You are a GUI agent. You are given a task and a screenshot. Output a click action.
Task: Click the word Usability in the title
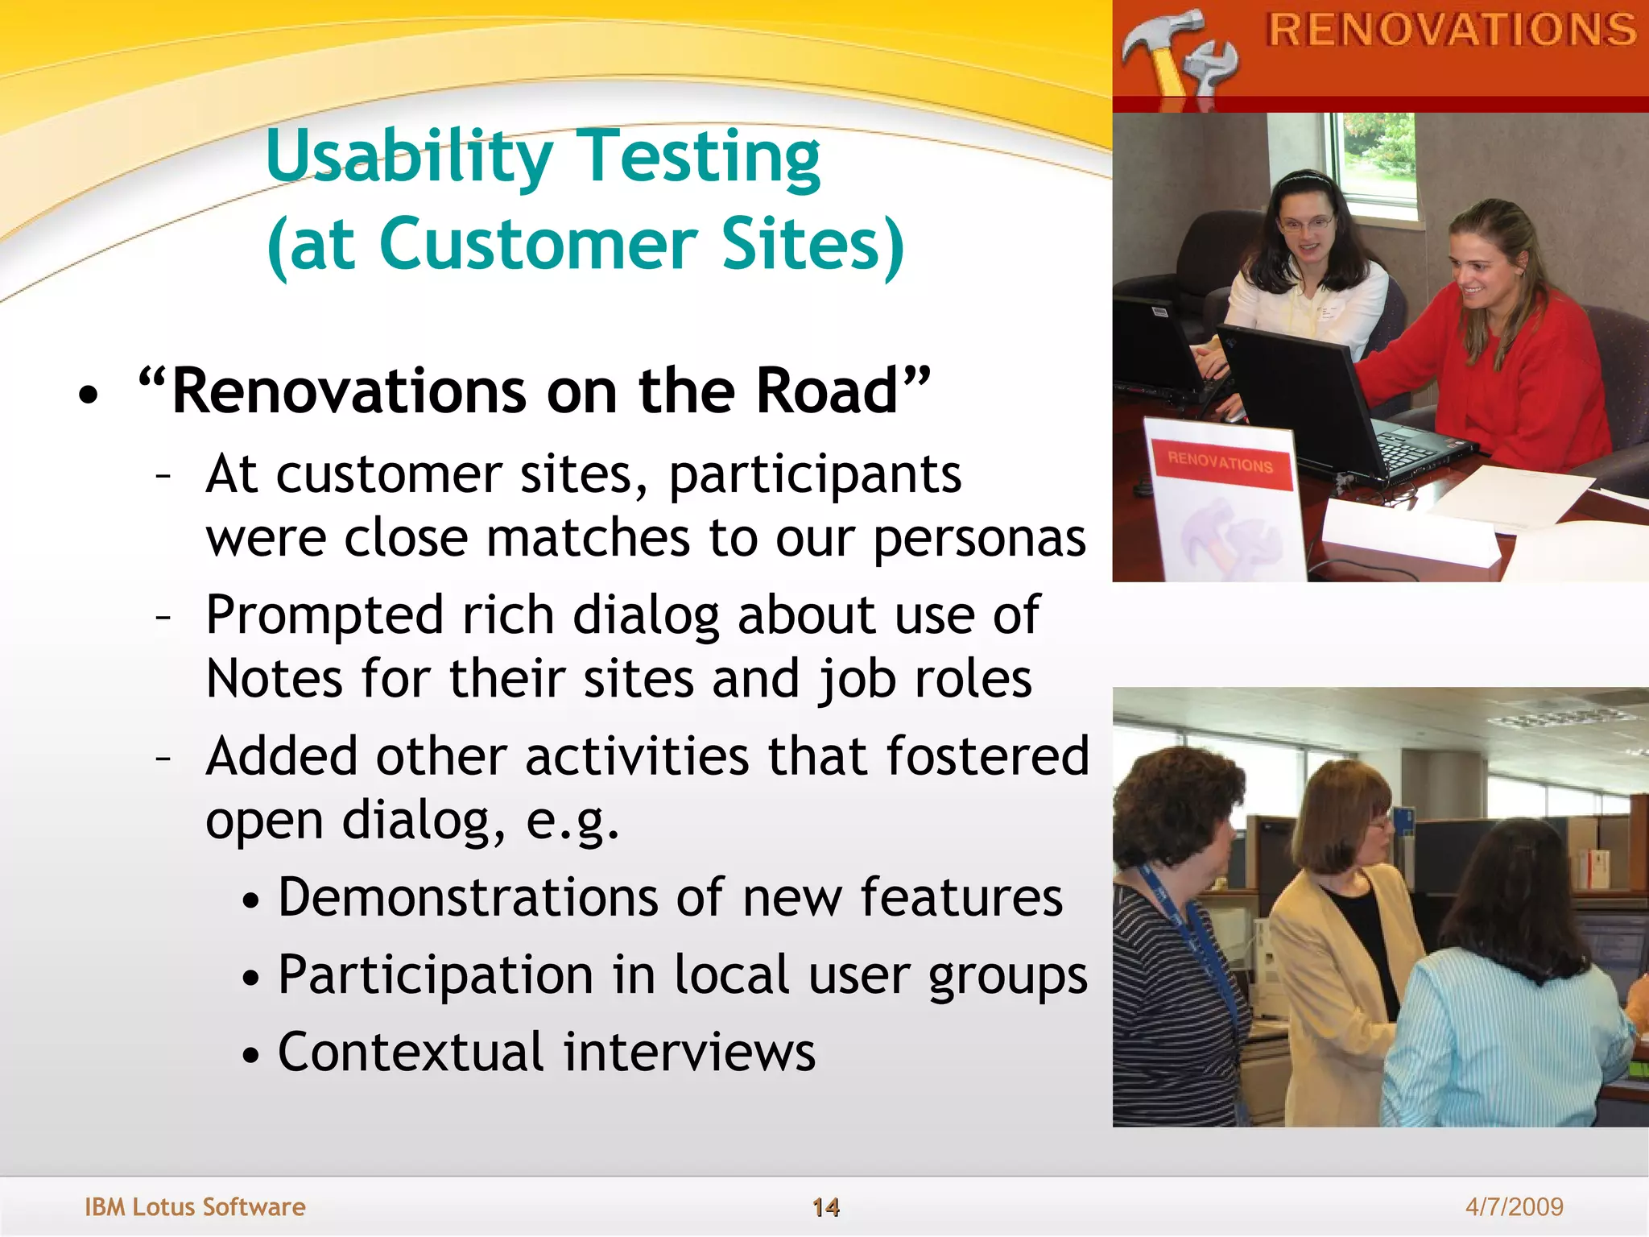[x=409, y=157]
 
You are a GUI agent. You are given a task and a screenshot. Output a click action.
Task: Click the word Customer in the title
[x=538, y=245]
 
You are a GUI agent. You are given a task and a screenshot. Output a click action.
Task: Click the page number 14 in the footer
[x=825, y=1206]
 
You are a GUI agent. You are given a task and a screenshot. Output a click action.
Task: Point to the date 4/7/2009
[x=1514, y=1206]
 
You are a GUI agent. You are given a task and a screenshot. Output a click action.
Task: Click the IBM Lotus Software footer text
[x=195, y=1206]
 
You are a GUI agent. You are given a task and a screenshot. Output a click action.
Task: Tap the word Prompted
[x=324, y=616]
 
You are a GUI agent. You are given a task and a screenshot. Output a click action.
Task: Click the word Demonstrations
[x=468, y=898]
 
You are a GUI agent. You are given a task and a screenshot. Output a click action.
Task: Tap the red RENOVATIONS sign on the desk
[x=1220, y=463]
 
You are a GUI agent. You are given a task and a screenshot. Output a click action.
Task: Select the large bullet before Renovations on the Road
[x=89, y=395]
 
